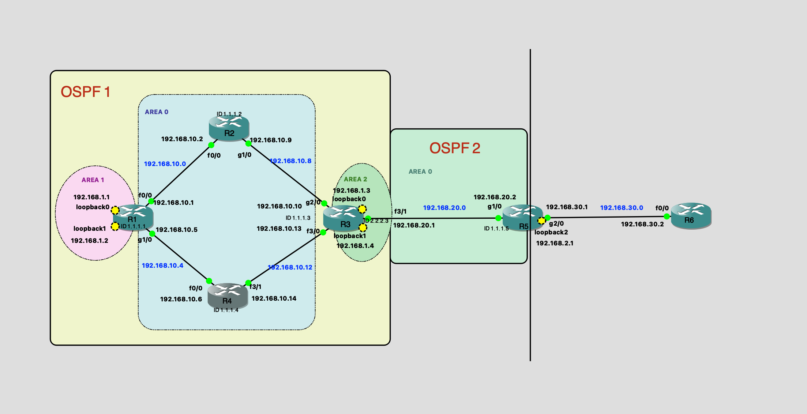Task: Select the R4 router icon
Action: [x=228, y=296]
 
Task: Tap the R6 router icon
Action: [x=691, y=215]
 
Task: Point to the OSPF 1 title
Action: [x=86, y=92]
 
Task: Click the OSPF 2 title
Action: [x=455, y=148]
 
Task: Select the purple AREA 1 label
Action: [x=93, y=180]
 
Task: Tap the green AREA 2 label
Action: [x=355, y=179]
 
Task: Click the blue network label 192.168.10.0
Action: [x=165, y=164]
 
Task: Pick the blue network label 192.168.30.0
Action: [x=622, y=208]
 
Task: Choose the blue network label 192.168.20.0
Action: [x=444, y=208]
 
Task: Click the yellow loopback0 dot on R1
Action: [x=115, y=210]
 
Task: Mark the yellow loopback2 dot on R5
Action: [x=541, y=221]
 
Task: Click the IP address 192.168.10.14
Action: [x=274, y=298]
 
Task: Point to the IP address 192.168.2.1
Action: [x=555, y=243]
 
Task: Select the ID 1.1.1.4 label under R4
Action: [x=226, y=310]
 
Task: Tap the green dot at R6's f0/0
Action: [x=667, y=217]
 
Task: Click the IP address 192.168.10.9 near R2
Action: [x=271, y=140]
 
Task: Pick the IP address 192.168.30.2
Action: [x=642, y=224]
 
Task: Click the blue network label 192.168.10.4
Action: [x=162, y=266]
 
